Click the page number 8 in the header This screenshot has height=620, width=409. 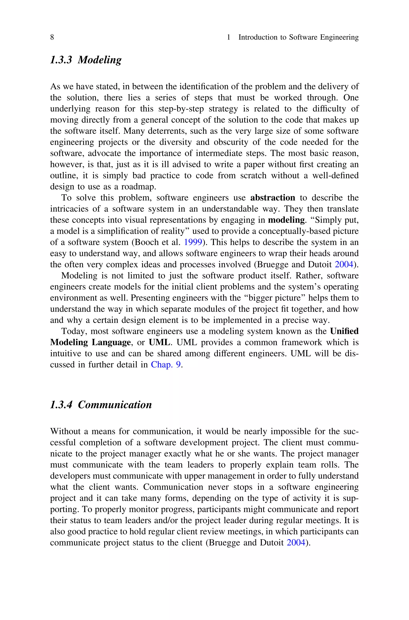pyautogui.click(x=52, y=37)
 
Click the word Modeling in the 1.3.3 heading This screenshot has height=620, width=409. pyautogui.click(x=100, y=60)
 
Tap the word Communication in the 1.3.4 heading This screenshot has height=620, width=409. pyautogui.click(x=115, y=405)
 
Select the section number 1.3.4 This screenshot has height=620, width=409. pyautogui.click(x=61, y=405)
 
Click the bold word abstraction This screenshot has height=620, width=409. pyautogui.click(x=273, y=198)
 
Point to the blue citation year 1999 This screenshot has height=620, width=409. pyautogui.click(x=193, y=242)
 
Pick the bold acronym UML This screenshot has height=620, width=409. pyautogui.click(x=159, y=342)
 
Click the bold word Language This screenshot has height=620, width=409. pyautogui.click(x=111, y=342)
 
